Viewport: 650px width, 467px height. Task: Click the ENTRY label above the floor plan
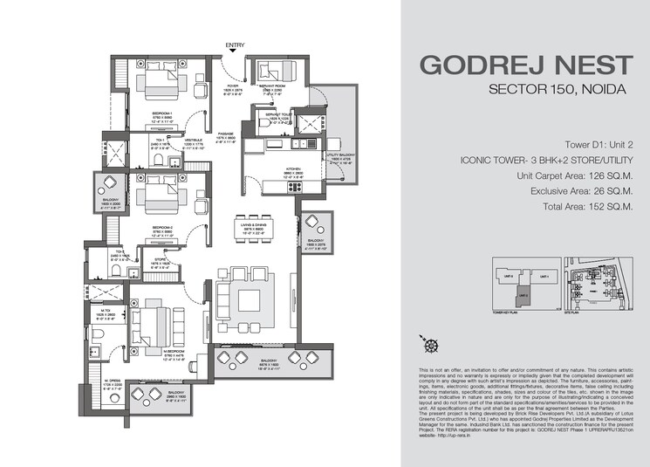(x=235, y=45)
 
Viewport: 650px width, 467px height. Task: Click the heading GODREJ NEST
(x=525, y=65)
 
